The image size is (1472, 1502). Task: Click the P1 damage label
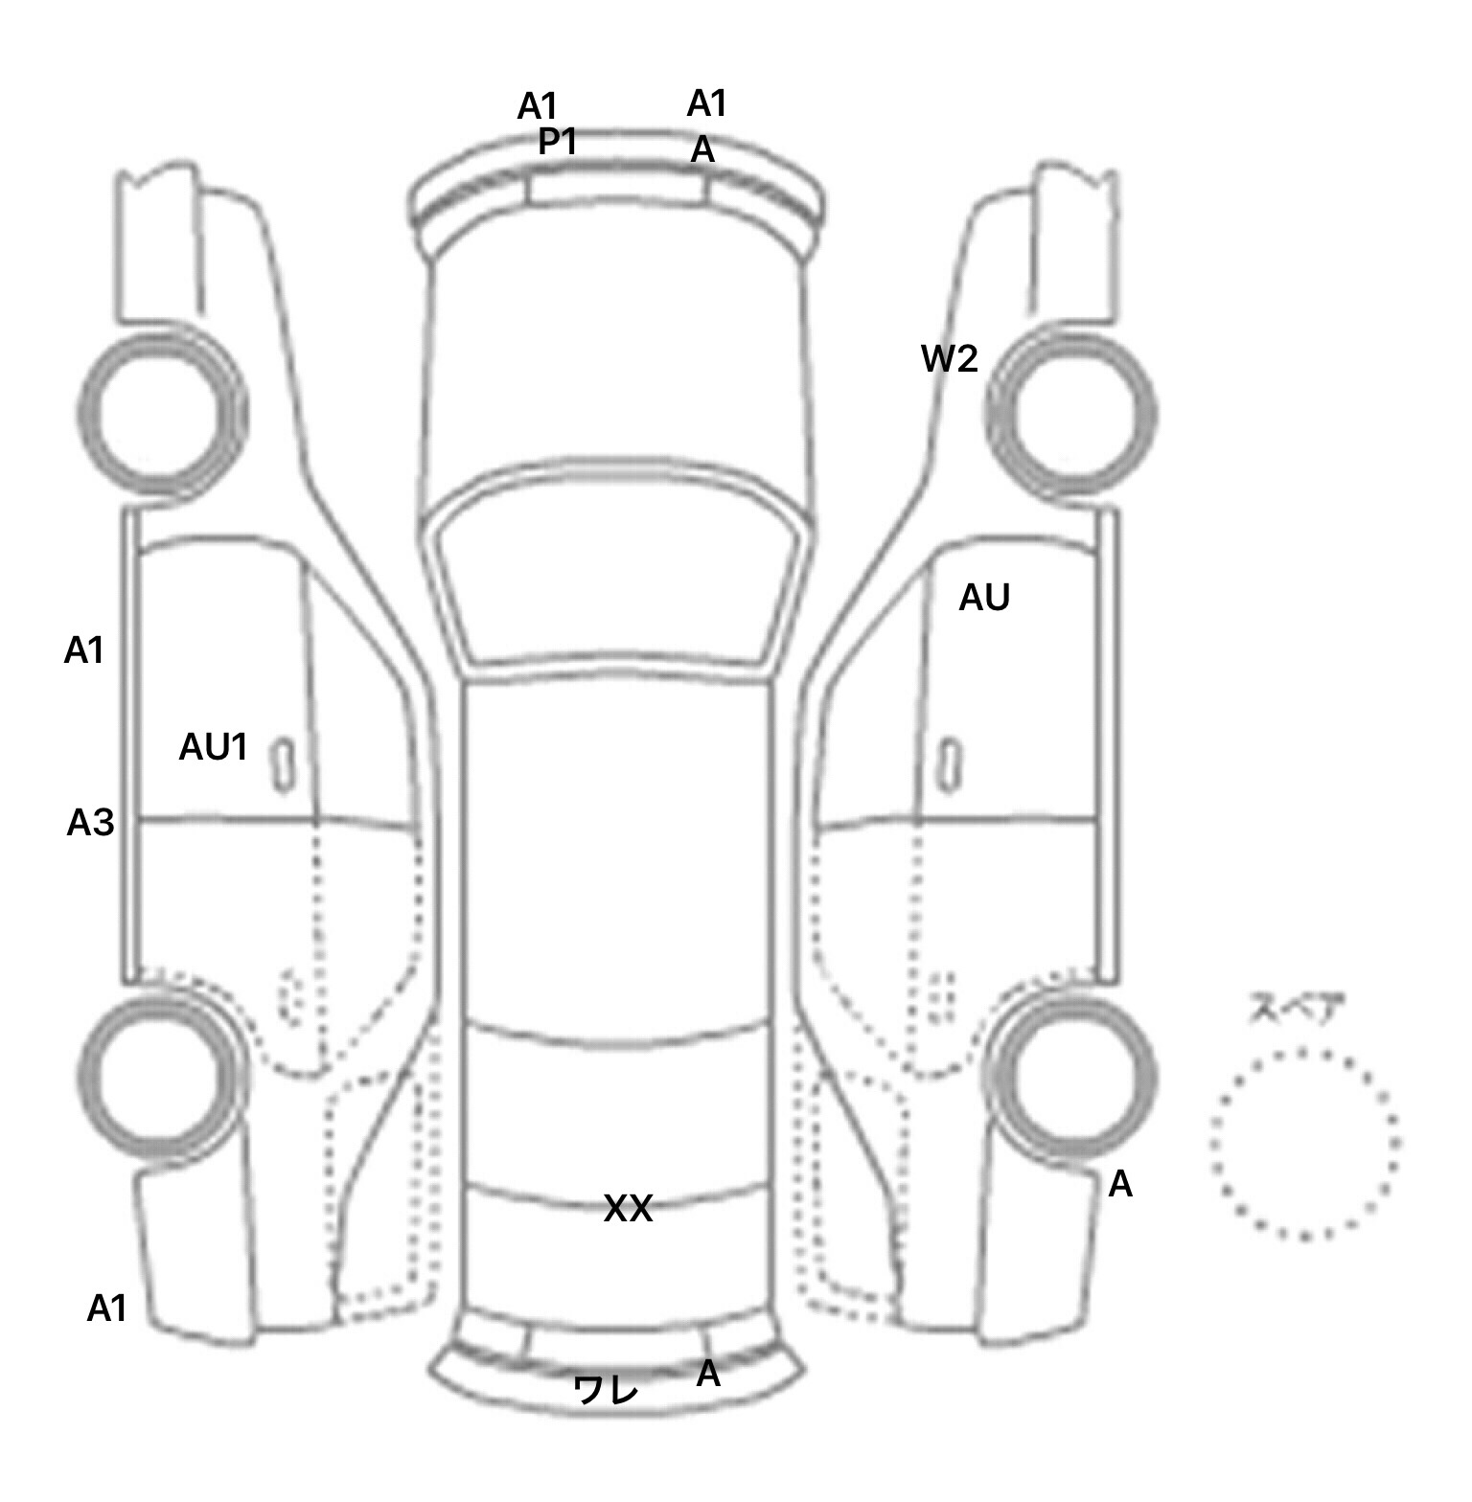pyautogui.click(x=557, y=142)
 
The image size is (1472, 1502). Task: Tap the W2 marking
pyautogui.click(x=949, y=359)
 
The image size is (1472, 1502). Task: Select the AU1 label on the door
pyautogui.click(x=213, y=747)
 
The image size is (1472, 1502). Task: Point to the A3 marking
pyautogui.click(x=90, y=823)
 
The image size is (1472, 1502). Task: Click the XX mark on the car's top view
pyautogui.click(x=628, y=1209)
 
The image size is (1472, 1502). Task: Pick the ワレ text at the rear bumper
pyautogui.click(x=606, y=1390)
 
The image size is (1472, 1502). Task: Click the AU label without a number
pyautogui.click(x=984, y=598)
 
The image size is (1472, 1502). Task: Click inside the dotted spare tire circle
pyautogui.click(x=1304, y=1143)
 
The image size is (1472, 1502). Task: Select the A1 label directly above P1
pyautogui.click(x=538, y=106)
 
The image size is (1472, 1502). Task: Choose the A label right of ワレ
pyautogui.click(x=707, y=1375)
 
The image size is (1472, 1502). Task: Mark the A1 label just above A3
pyautogui.click(x=83, y=651)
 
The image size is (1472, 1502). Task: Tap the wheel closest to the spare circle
pyautogui.click(x=1073, y=1073)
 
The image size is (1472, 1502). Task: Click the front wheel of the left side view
pyautogui.click(x=161, y=414)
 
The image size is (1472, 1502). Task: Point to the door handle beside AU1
pyautogui.click(x=284, y=764)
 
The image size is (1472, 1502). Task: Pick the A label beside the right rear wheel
pyautogui.click(x=1119, y=1186)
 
